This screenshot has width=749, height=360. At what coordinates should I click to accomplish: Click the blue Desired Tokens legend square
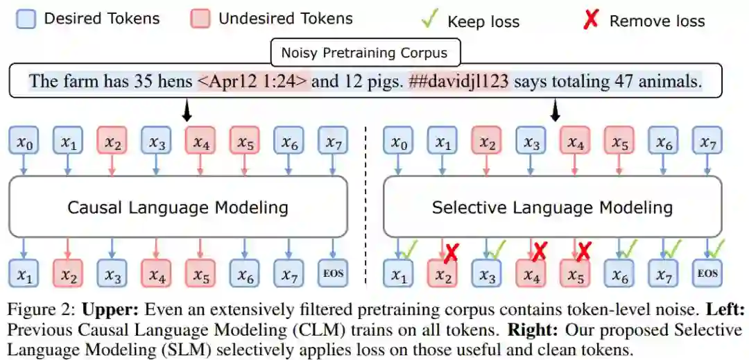coord(26,19)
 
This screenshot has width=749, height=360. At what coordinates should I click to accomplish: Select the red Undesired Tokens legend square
coord(200,19)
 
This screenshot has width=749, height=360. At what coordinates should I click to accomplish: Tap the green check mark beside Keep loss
coord(429,19)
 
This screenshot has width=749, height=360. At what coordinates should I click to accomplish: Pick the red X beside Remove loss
coord(590,20)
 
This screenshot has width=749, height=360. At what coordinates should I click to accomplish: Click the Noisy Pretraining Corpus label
coord(364,52)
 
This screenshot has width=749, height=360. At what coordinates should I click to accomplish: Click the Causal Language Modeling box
coord(178,207)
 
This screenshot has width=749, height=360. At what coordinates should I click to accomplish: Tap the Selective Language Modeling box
coord(552,207)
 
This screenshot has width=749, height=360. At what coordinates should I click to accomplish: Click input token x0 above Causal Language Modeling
coord(24,144)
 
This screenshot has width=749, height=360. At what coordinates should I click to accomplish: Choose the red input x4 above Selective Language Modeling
coord(575,144)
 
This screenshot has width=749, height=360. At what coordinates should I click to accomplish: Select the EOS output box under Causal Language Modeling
coord(334,274)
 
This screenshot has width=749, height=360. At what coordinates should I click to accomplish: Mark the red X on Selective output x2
coord(451,253)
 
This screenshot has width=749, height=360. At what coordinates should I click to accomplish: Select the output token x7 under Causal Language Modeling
coord(289,274)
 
